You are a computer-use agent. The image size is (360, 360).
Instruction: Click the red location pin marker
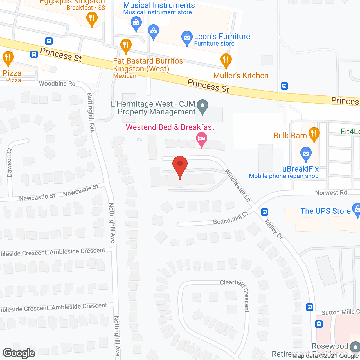pos(180,164)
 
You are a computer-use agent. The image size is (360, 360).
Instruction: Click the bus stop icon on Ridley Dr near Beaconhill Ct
pos(264,212)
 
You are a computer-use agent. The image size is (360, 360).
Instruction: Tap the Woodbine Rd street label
pos(57,84)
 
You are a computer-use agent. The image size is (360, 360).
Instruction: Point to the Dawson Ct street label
pos(10,163)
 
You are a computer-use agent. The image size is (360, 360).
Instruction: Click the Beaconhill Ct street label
pos(231,218)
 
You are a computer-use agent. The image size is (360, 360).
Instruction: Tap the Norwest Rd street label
pos(331,193)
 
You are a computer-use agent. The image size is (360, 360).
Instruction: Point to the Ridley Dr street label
pos(274,229)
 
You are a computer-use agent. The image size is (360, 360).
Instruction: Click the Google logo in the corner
pos(19,353)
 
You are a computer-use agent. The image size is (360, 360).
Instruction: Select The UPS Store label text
pos(325,211)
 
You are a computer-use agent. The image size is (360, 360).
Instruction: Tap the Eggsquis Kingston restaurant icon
pos(92,19)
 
